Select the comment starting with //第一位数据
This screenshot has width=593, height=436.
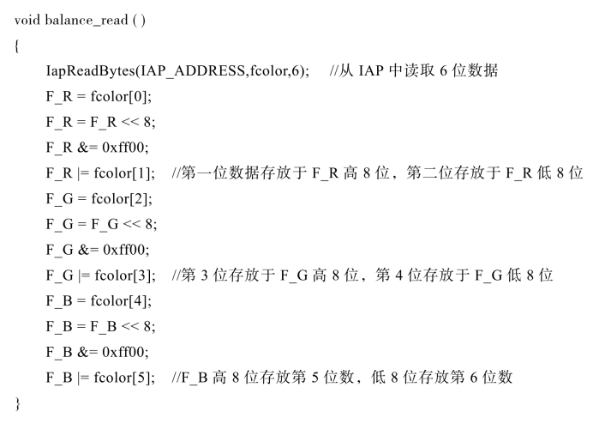[x=377, y=173]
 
